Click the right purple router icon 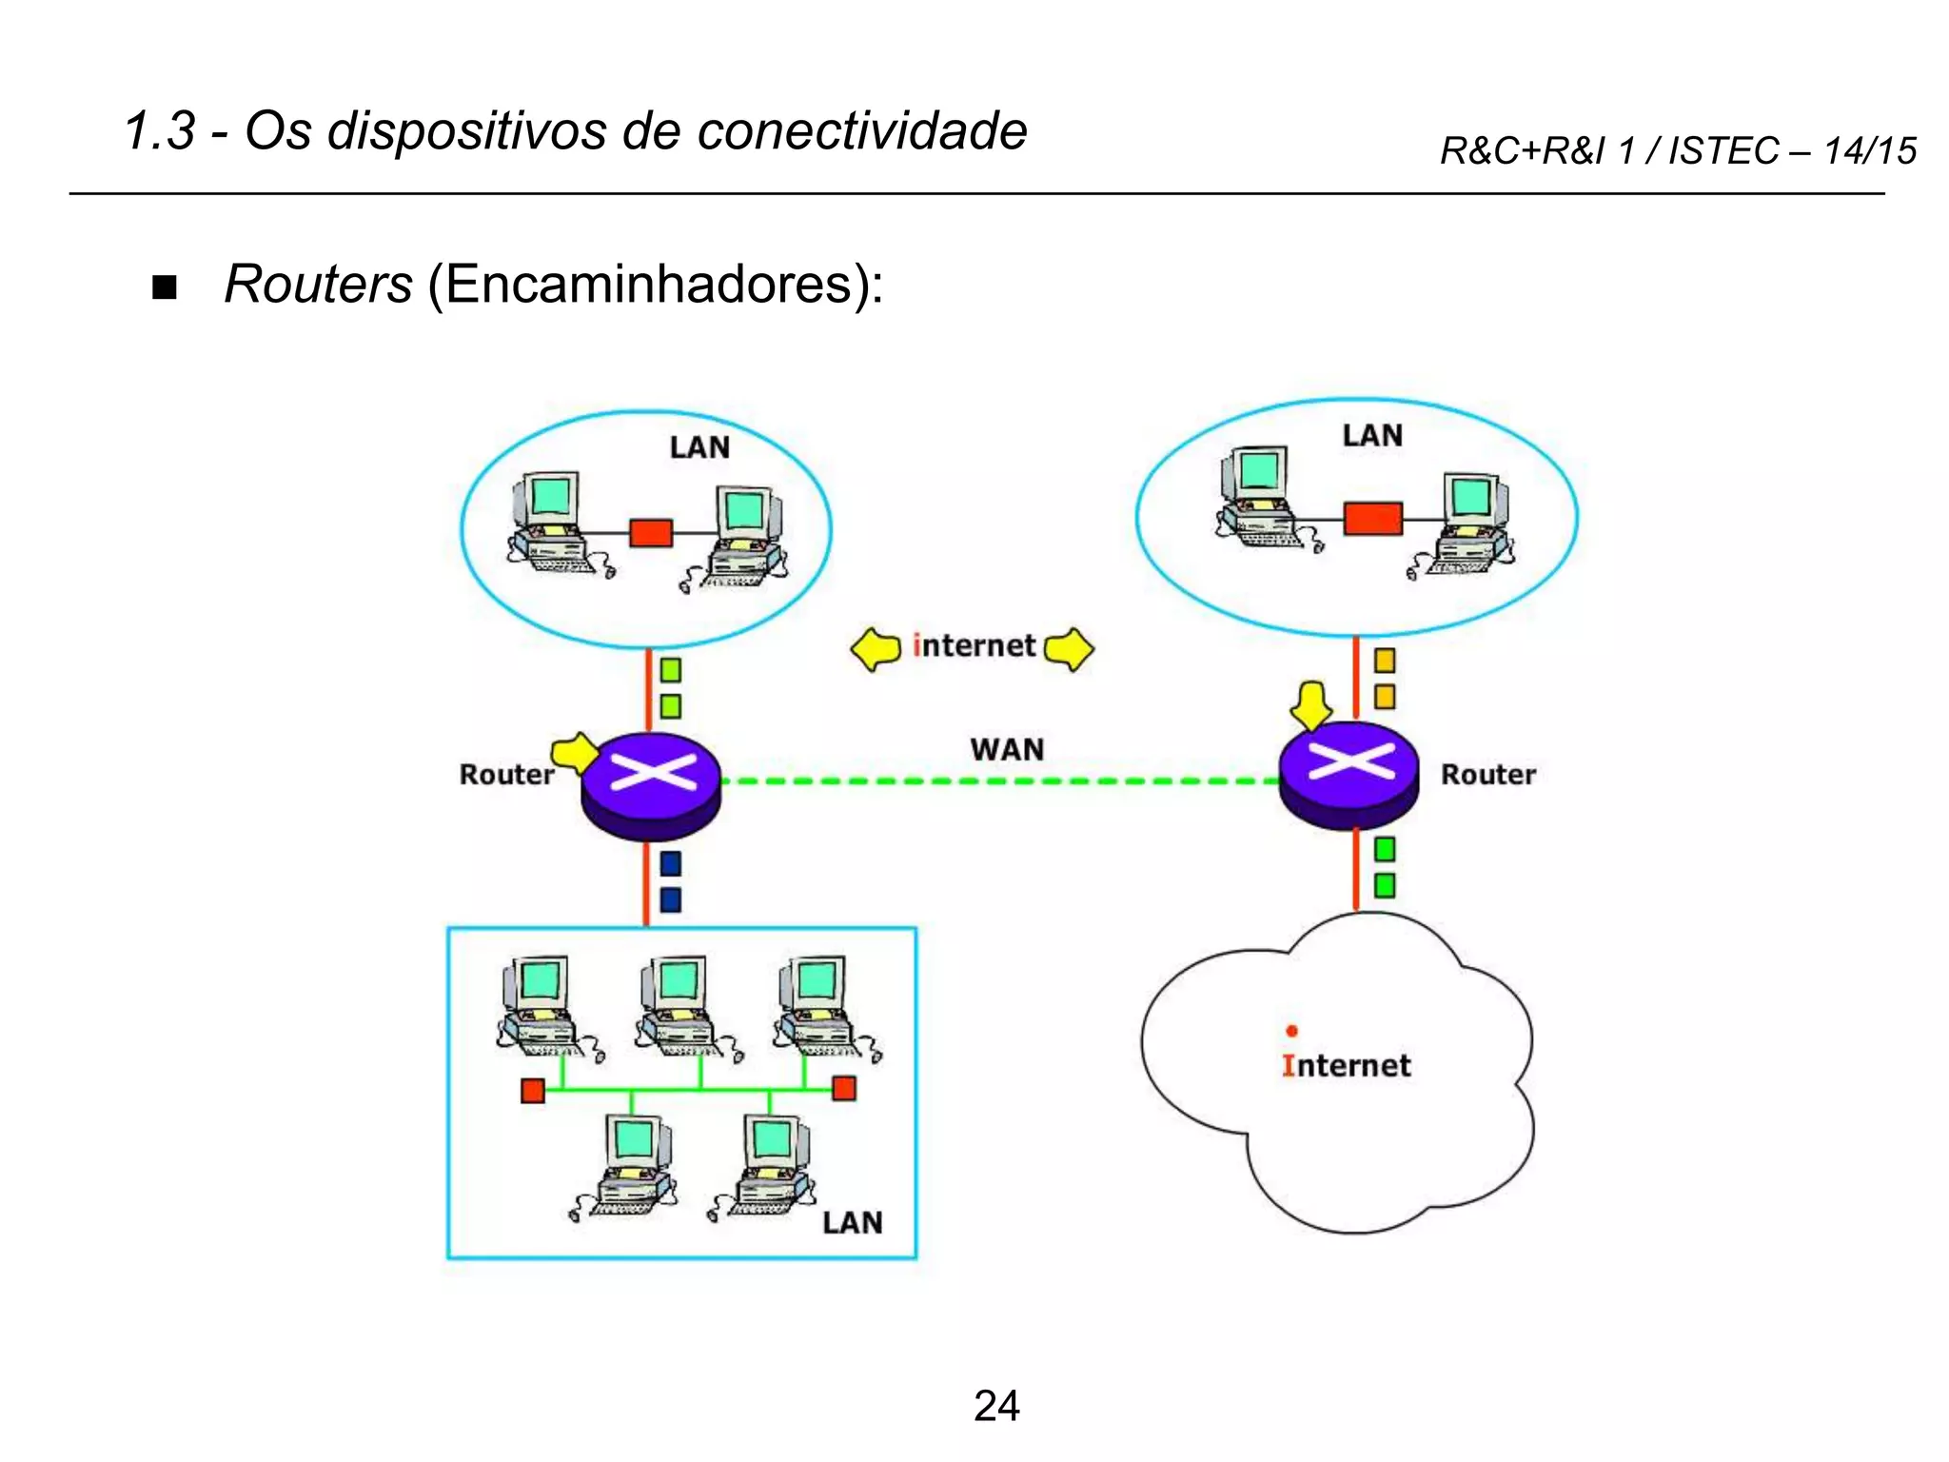(1349, 773)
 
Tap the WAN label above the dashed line (1007, 749)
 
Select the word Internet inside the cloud (1346, 1065)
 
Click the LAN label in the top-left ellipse (699, 447)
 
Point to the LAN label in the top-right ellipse (1372, 436)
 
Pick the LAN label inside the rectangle (852, 1222)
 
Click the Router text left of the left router (506, 775)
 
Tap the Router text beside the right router (1487, 775)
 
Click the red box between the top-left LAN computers (651, 532)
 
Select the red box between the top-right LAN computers (1372, 519)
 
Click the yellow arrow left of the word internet (876, 649)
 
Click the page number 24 (996, 1406)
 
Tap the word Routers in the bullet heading (318, 284)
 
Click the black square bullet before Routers (165, 287)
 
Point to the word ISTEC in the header (1723, 150)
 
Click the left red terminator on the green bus (532, 1091)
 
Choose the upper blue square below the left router (670, 863)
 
